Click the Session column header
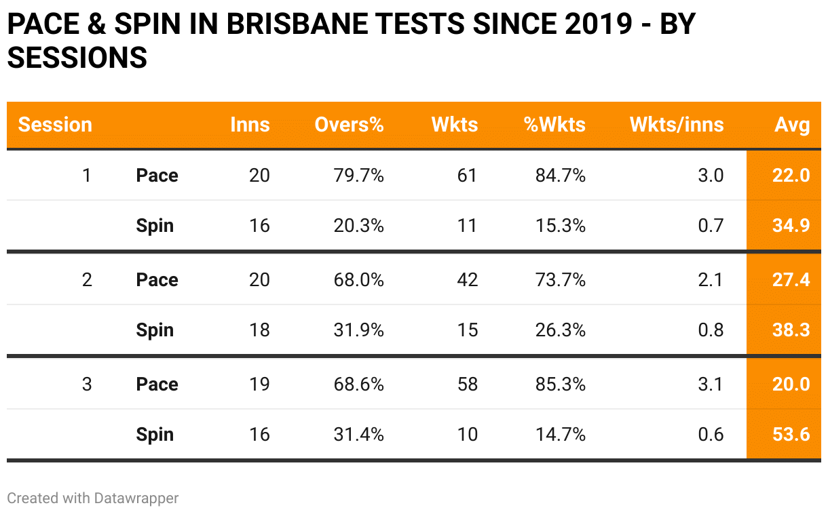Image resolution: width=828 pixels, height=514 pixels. click(55, 125)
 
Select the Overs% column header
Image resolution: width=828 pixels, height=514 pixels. click(349, 125)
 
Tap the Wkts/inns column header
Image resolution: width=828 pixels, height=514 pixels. click(677, 125)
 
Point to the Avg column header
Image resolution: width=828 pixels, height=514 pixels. click(793, 125)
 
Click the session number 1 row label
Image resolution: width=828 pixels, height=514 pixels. click(86, 176)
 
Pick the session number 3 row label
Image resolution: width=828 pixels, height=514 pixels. click(86, 384)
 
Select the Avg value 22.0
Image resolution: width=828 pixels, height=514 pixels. click(791, 176)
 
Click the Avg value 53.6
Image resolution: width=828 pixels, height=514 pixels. click(791, 434)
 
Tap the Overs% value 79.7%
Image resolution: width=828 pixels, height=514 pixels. click(358, 176)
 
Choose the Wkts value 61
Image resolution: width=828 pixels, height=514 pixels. click(467, 176)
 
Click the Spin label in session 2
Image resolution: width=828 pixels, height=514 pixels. click(155, 330)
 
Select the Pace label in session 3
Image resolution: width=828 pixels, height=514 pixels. click(157, 384)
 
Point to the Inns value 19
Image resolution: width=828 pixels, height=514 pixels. click(259, 384)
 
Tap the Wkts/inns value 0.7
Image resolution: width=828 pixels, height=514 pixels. click(711, 225)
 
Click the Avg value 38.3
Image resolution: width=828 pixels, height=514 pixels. click(791, 330)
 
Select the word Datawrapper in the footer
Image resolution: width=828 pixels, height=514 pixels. click(136, 498)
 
